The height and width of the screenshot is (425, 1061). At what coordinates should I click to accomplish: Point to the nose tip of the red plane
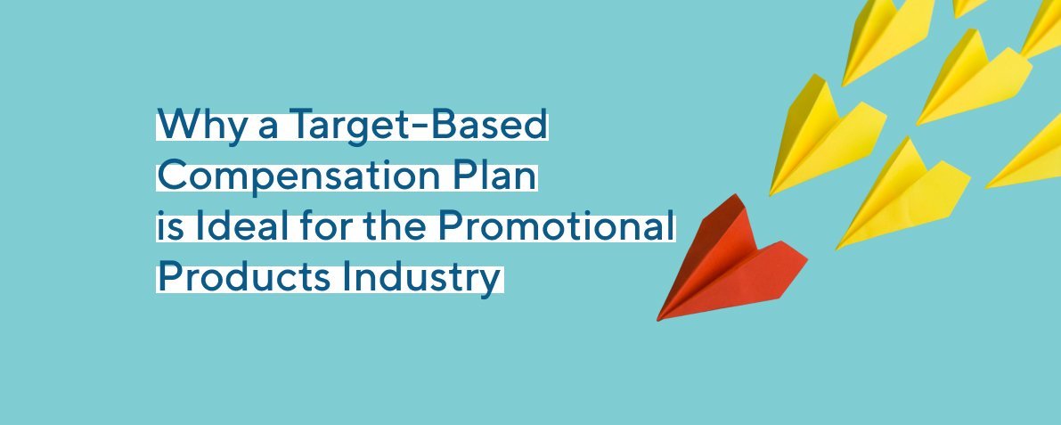(659, 318)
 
